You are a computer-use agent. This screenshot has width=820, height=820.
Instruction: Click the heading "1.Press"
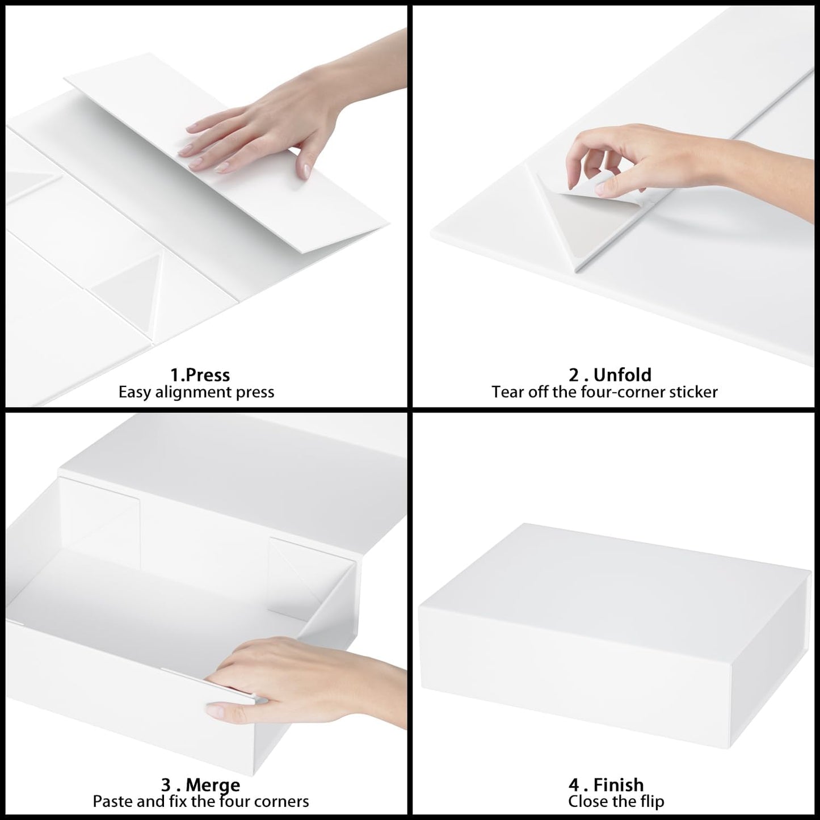pos(200,375)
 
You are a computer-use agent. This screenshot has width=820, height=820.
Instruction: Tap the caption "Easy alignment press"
pos(196,392)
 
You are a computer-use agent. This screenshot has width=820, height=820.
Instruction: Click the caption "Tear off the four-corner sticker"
pos(604,392)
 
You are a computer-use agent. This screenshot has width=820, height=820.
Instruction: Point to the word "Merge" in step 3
pos(213,785)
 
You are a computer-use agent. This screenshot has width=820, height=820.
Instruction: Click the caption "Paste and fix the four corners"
pos(201,801)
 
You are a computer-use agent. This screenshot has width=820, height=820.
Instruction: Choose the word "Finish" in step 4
pos(619,785)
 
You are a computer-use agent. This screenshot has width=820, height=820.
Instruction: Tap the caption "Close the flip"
pos(616,801)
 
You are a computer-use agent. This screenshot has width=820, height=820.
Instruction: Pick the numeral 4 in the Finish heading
pos(574,785)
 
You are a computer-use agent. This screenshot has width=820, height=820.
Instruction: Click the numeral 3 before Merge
pos(166,785)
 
